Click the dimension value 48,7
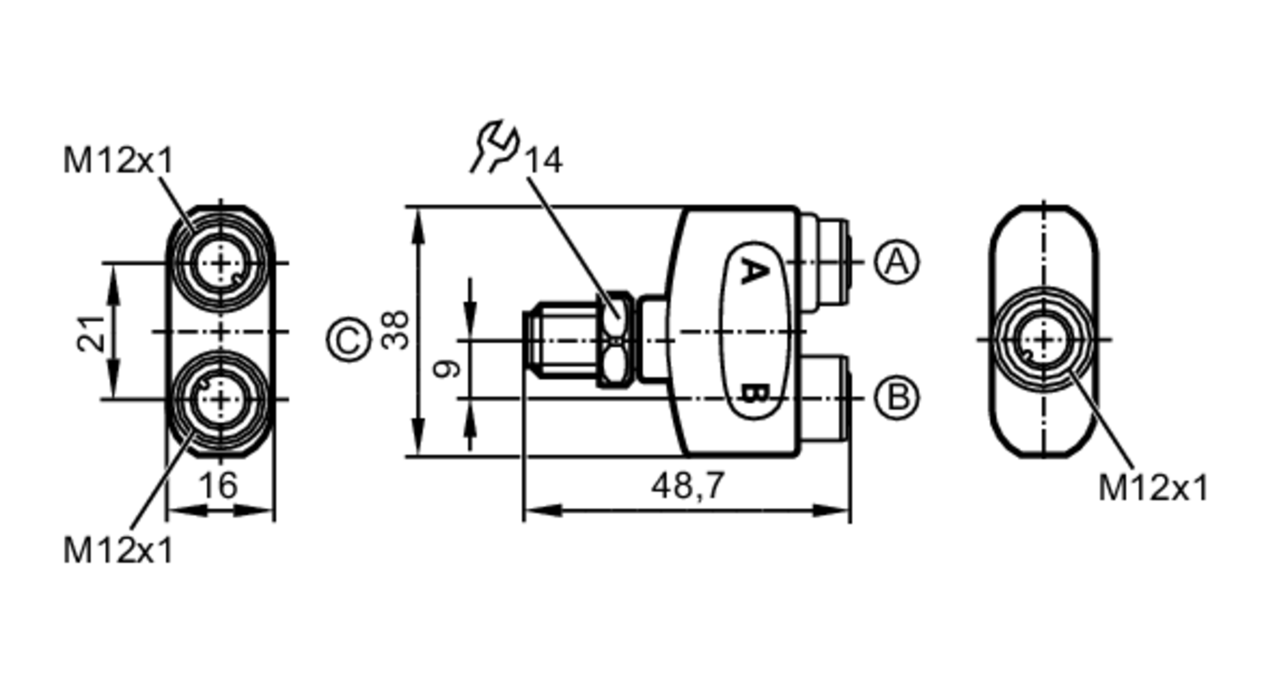[688, 486]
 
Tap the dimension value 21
[91, 333]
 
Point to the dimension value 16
[218, 486]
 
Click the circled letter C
[349, 340]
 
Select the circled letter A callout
[896, 262]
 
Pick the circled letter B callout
[896, 398]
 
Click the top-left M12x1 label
[118, 160]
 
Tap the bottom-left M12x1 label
[118, 550]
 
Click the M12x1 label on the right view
[1153, 488]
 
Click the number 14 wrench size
[543, 161]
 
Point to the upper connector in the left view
[220, 263]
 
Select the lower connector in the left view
[220, 400]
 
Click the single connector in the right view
[1043, 340]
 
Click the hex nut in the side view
[615, 340]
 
